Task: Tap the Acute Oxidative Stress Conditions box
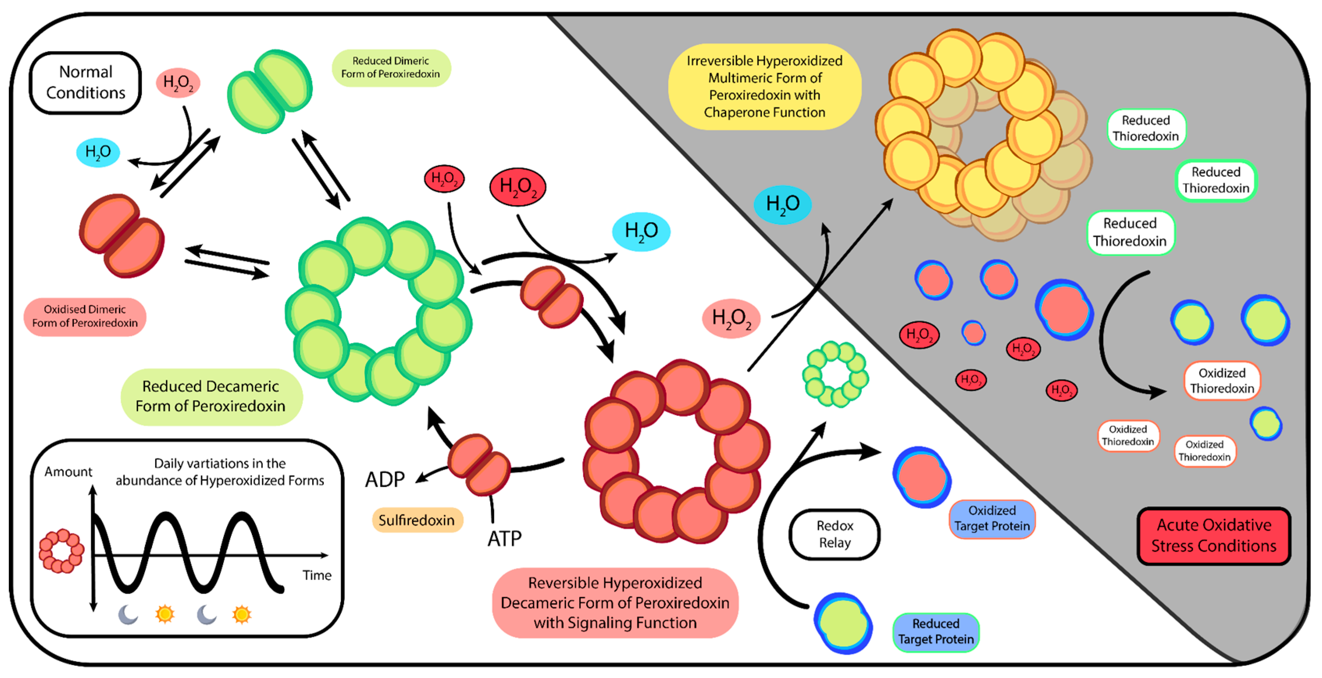1213,535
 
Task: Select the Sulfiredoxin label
416,520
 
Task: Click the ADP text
385,479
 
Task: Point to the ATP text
505,538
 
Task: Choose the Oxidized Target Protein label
992,519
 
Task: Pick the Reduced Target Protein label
935,631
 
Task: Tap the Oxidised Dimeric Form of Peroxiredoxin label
85,316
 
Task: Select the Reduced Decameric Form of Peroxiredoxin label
210,396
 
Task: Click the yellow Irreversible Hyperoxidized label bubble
764,86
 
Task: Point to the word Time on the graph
316,575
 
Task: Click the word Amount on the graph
68,471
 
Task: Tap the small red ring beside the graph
62,551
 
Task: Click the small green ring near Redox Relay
835,374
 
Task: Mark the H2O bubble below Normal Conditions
97,152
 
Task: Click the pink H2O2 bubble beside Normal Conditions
178,82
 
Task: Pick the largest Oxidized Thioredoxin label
1221,380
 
